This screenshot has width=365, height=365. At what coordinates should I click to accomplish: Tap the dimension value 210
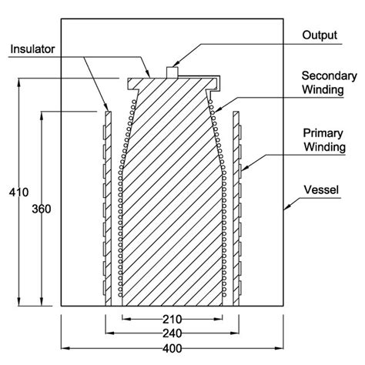coord(175,319)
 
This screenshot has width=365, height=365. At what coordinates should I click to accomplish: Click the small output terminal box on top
coord(173,72)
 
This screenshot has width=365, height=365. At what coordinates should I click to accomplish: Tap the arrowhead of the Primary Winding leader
coord(243,169)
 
